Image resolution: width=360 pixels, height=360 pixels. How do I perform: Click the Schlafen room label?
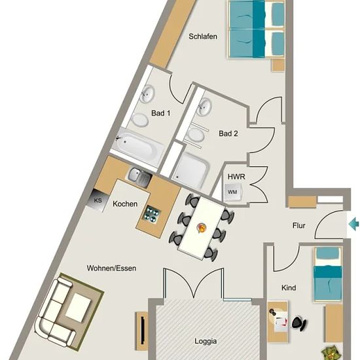[x=203, y=37]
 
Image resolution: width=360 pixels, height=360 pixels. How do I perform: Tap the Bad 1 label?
[x=161, y=113]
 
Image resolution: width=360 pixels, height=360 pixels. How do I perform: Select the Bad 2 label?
[x=228, y=134]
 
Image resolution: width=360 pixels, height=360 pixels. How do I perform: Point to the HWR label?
[x=236, y=177]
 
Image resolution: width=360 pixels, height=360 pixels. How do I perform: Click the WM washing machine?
[x=233, y=192]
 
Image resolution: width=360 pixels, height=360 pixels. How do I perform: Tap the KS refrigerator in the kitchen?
[x=98, y=200]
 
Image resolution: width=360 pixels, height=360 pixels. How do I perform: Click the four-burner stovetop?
[x=151, y=214]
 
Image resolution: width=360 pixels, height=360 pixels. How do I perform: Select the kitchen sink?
[x=139, y=177]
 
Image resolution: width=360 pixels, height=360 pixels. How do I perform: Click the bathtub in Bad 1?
[x=137, y=145]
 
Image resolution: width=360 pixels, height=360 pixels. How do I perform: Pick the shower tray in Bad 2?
[x=190, y=170]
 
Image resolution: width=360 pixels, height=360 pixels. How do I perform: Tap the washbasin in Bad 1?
[x=147, y=94]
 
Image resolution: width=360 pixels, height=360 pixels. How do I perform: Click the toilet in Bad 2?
[x=196, y=135]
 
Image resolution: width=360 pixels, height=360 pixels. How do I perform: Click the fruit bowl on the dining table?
[x=202, y=228]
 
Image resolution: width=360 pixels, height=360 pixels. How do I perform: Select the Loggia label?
[x=206, y=342]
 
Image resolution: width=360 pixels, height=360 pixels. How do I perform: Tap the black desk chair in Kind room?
[x=298, y=323]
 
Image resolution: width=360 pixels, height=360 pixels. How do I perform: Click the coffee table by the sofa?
[x=79, y=308]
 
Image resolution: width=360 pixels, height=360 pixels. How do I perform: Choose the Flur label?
[x=299, y=226]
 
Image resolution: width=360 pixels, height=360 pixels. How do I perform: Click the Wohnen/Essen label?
[x=111, y=268]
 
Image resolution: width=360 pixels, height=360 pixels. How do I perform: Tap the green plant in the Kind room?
[x=330, y=353]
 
